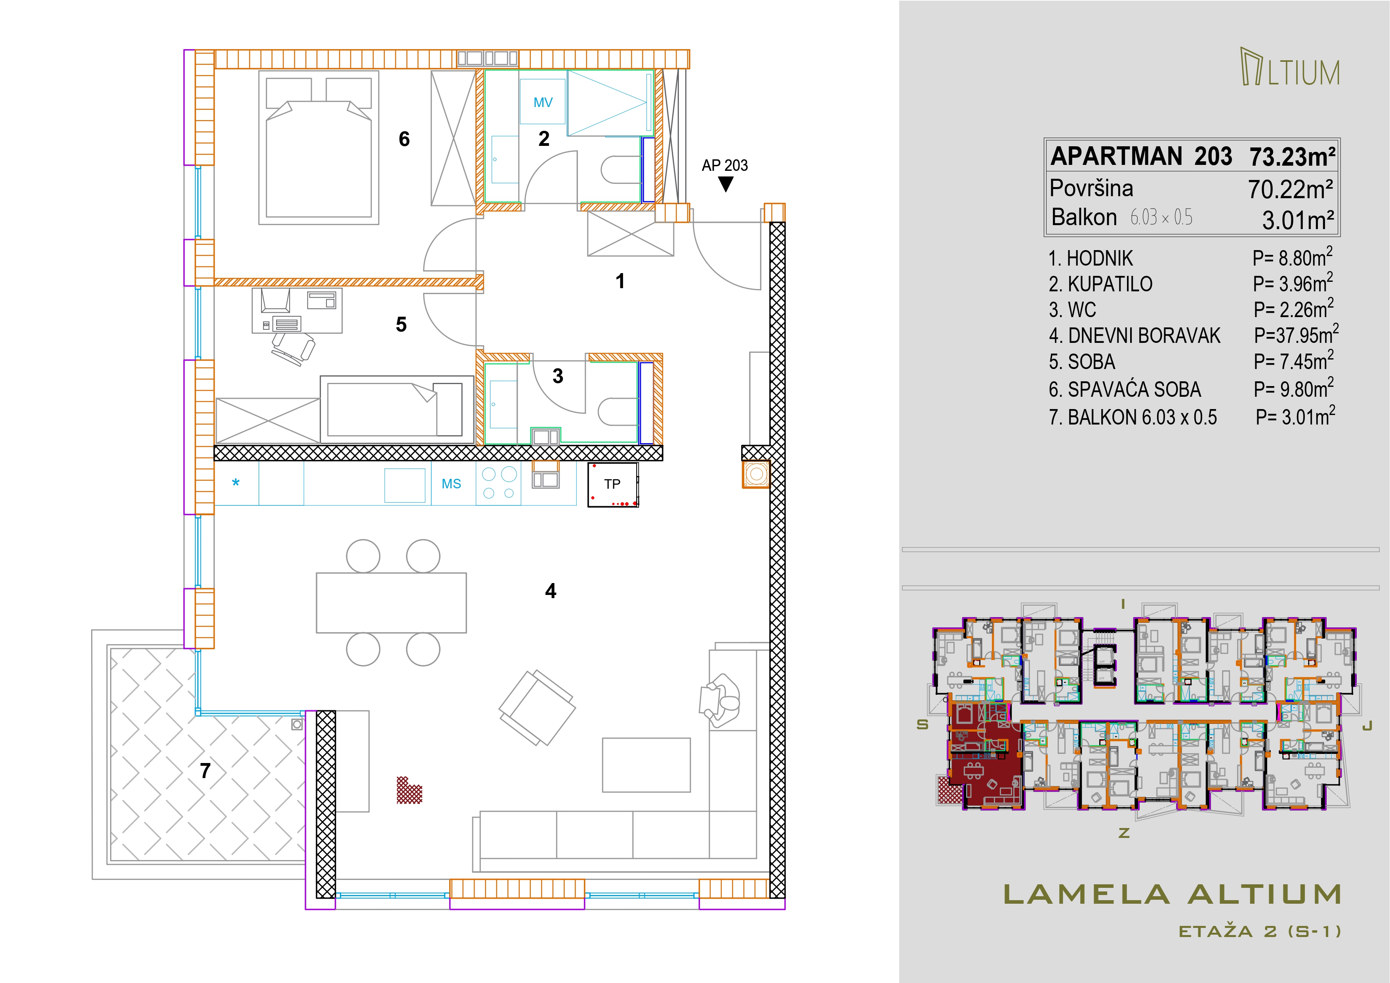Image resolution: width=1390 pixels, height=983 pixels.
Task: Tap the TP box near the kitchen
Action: tap(613, 484)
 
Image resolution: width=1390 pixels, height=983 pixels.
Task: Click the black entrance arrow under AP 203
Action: tap(725, 184)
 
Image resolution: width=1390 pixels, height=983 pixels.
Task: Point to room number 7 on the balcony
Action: tap(205, 771)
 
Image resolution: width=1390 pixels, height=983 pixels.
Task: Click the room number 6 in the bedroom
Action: tap(404, 139)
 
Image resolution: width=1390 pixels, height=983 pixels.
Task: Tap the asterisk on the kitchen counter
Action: tap(236, 483)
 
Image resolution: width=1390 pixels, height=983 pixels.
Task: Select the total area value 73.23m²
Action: tap(1292, 157)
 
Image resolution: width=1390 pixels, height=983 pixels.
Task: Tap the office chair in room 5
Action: tap(294, 349)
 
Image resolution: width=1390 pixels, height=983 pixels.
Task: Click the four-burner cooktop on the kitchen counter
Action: tap(498, 483)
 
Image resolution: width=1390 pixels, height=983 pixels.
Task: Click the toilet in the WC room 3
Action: tap(618, 412)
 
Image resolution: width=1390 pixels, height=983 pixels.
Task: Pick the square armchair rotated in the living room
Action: tap(537, 708)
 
